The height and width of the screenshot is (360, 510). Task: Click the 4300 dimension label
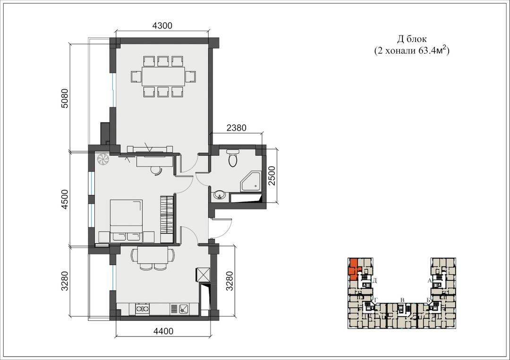coord(162,25)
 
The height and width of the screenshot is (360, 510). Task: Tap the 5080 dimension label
coord(65,98)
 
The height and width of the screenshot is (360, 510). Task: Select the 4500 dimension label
coord(65,199)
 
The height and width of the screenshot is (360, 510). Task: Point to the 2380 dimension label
coord(237,128)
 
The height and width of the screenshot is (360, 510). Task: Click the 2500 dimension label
coord(272,176)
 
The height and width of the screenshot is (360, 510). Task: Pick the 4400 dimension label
coord(163,331)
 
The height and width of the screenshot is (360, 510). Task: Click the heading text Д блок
coord(411,39)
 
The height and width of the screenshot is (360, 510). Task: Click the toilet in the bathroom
coord(232,158)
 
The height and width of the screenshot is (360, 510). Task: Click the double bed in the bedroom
coord(126,221)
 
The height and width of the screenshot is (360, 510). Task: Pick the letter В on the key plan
coord(402,300)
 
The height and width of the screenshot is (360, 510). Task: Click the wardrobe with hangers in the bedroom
coord(167,219)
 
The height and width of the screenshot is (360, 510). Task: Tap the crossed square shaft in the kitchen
coord(203,275)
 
